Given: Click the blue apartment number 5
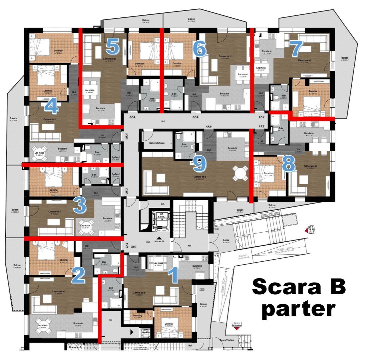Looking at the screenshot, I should click(113, 47).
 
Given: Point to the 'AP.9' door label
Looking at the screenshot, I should click(208, 127).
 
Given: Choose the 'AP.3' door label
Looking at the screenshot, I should click(127, 191).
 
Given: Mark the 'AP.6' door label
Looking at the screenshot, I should click(195, 117).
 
